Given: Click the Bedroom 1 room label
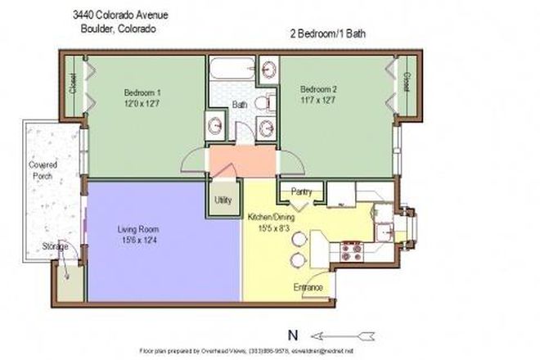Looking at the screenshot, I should tap(143, 97).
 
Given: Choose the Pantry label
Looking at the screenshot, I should tap(301, 192).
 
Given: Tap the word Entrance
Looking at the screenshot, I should tap(308, 288).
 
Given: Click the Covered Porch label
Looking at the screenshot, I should tap(39, 169).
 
